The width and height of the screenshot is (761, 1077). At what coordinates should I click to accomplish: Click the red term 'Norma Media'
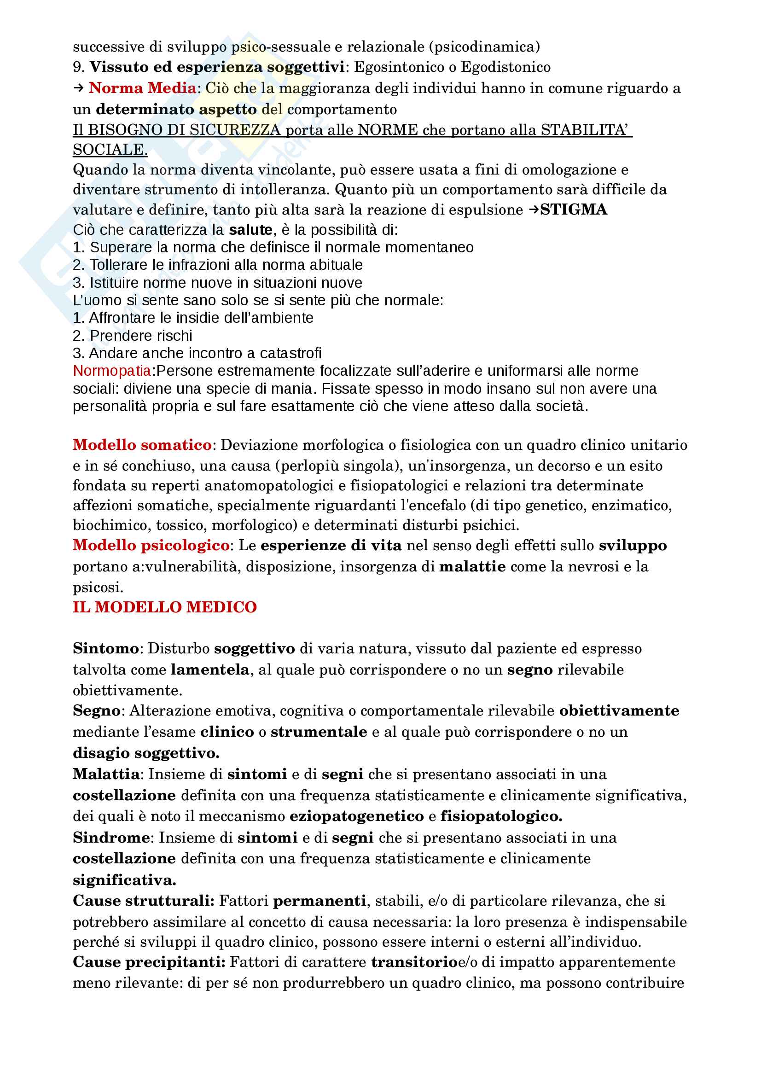pyautogui.click(x=143, y=88)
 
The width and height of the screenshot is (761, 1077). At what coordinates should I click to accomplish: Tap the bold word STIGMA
pyautogui.click(x=574, y=210)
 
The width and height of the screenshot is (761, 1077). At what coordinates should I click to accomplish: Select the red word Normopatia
pyautogui.click(x=112, y=371)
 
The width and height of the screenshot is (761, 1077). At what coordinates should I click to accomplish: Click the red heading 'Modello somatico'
pyautogui.click(x=142, y=445)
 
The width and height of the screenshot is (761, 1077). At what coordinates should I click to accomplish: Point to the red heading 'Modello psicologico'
pyautogui.click(x=151, y=545)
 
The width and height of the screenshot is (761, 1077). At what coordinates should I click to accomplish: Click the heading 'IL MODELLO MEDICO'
pyautogui.click(x=164, y=607)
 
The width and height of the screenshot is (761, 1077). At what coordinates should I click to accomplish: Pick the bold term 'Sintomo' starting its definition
pyautogui.click(x=105, y=648)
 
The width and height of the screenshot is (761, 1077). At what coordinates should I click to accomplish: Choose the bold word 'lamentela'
pyautogui.click(x=209, y=669)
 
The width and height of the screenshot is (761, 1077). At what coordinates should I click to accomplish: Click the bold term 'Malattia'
pyautogui.click(x=106, y=774)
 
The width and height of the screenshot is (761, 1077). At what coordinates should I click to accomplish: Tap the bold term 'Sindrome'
pyautogui.click(x=111, y=837)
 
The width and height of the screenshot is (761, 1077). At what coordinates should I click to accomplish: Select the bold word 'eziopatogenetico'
pyautogui.click(x=356, y=816)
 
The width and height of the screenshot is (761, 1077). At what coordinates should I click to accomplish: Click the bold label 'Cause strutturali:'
pyautogui.click(x=144, y=901)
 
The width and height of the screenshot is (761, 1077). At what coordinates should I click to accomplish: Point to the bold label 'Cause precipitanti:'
pyautogui.click(x=149, y=962)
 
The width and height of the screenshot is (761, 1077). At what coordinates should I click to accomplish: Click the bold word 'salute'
pyautogui.click(x=250, y=230)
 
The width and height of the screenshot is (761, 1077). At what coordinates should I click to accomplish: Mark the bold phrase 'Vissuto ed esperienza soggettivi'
pyautogui.click(x=217, y=67)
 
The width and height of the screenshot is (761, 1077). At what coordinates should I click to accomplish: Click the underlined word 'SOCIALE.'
pyautogui.click(x=110, y=150)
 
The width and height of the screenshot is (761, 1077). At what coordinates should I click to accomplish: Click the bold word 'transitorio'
pyautogui.click(x=414, y=962)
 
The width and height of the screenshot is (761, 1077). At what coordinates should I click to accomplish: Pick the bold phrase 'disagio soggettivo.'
pyautogui.click(x=146, y=753)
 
